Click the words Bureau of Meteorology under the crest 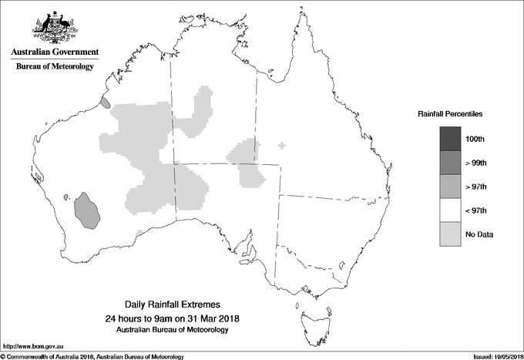point(55,67)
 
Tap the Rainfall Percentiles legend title point(450,113)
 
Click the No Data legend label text point(479,234)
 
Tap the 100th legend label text point(476,138)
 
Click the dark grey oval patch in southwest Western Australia point(88,210)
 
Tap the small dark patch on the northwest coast point(105,101)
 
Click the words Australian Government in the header point(55,52)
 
